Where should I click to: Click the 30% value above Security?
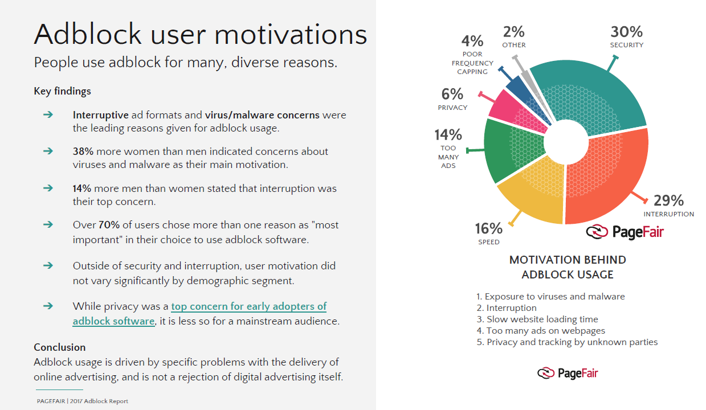tap(626, 31)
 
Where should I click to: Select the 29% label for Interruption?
tap(668, 200)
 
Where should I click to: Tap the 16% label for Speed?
tap(489, 229)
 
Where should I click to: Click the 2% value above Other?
tap(513, 32)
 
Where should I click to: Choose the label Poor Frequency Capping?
tap(472, 63)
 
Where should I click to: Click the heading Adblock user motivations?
tap(201, 34)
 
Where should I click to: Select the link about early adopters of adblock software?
tap(199, 313)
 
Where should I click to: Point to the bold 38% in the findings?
tap(83, 151)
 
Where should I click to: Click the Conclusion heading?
tap(60, 347)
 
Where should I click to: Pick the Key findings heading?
tap(62, 91)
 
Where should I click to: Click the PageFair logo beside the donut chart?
tap(625, 232)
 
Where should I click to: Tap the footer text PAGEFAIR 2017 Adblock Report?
tap(83, 401)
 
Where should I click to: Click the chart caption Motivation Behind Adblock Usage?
tap(568, 267)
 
